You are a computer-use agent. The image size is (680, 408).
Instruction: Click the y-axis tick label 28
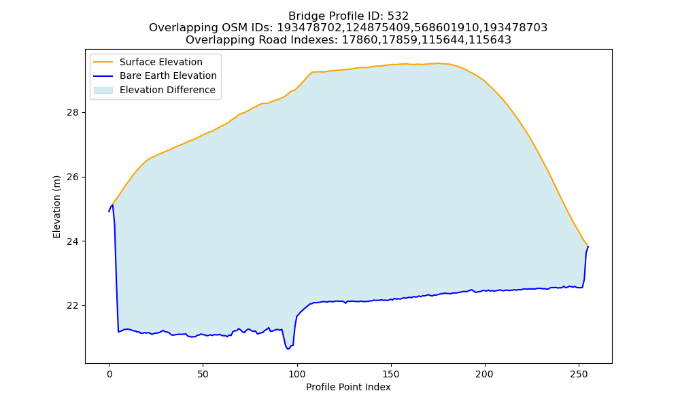tap(73, 113)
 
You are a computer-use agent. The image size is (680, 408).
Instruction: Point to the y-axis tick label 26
tap(73, 177)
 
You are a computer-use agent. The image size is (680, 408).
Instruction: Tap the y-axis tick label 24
tap(73, 241)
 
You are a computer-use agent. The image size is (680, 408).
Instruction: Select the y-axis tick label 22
tap(73, 306)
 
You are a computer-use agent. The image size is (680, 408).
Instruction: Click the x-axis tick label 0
tap(109, 374)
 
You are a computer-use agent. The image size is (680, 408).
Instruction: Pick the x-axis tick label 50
tap(203, 374)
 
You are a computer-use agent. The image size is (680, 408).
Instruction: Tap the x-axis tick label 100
tap(297, 374)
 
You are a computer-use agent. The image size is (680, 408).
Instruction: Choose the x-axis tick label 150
tap(391, 374)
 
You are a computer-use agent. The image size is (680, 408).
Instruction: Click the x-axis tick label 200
tap(484, 374)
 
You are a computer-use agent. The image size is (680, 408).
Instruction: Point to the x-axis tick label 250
tap(579, 374)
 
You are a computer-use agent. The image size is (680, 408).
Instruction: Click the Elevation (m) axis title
tap(56, 207)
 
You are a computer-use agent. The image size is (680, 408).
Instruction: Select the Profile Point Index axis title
tap(348, 387)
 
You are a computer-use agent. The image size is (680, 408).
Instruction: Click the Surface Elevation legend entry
tap(161, 62)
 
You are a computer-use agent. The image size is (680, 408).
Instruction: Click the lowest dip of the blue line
tap(288, 349)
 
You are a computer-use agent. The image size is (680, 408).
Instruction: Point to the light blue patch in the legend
tap(103, 90)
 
